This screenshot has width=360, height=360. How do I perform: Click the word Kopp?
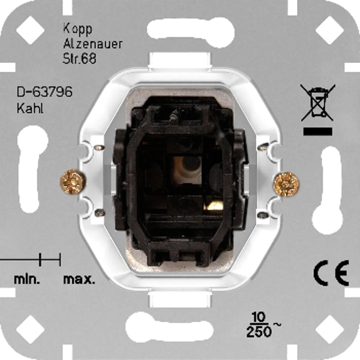coord(77,29)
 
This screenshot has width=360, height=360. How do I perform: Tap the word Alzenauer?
coord(92,44)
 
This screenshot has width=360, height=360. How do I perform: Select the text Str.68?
coord(79,58)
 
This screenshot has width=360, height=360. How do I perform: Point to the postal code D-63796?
coord(44,92)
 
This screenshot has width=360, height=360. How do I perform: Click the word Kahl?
coord(30,108)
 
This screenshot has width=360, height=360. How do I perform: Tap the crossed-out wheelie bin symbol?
coord(318,103)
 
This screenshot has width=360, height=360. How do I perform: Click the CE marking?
coord(331,273)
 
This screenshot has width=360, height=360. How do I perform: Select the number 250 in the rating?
coord(259,331)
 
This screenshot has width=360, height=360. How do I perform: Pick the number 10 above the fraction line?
coord(259,317)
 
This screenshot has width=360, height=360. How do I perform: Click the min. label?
coord(27,280)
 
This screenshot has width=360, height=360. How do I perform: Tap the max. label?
coord(79,280)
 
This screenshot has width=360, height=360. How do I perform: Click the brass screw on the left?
coord(73,182)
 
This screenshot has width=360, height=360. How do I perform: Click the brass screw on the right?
coord(286,184)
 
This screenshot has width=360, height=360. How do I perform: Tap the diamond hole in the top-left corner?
coord(30,30)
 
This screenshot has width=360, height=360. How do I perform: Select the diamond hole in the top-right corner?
coord(329,30)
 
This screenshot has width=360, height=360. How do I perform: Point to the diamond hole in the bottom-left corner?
coord(30,329)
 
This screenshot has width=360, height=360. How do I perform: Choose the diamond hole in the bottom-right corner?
coord(329,329)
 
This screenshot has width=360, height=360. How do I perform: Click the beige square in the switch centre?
coord(187,170)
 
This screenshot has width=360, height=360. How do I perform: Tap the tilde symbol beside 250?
coord(277,325)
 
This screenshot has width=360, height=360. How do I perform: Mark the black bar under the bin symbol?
coord(318,131)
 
